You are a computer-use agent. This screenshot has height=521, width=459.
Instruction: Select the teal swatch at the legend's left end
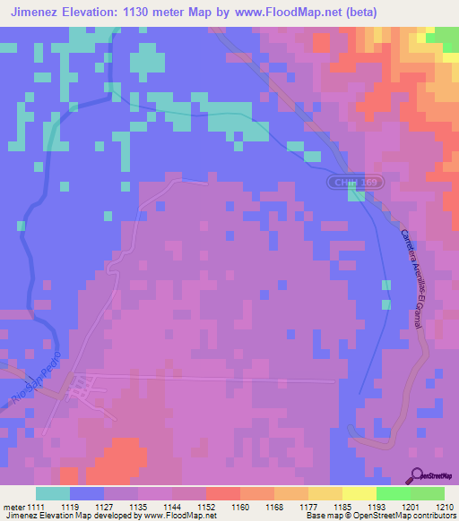click(53, 493)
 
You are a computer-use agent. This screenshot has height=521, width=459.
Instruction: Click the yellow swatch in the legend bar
click(359, 493)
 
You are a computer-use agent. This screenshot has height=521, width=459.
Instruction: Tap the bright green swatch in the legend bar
click(393, 493)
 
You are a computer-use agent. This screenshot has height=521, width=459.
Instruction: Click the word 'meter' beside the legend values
click(13, 506)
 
